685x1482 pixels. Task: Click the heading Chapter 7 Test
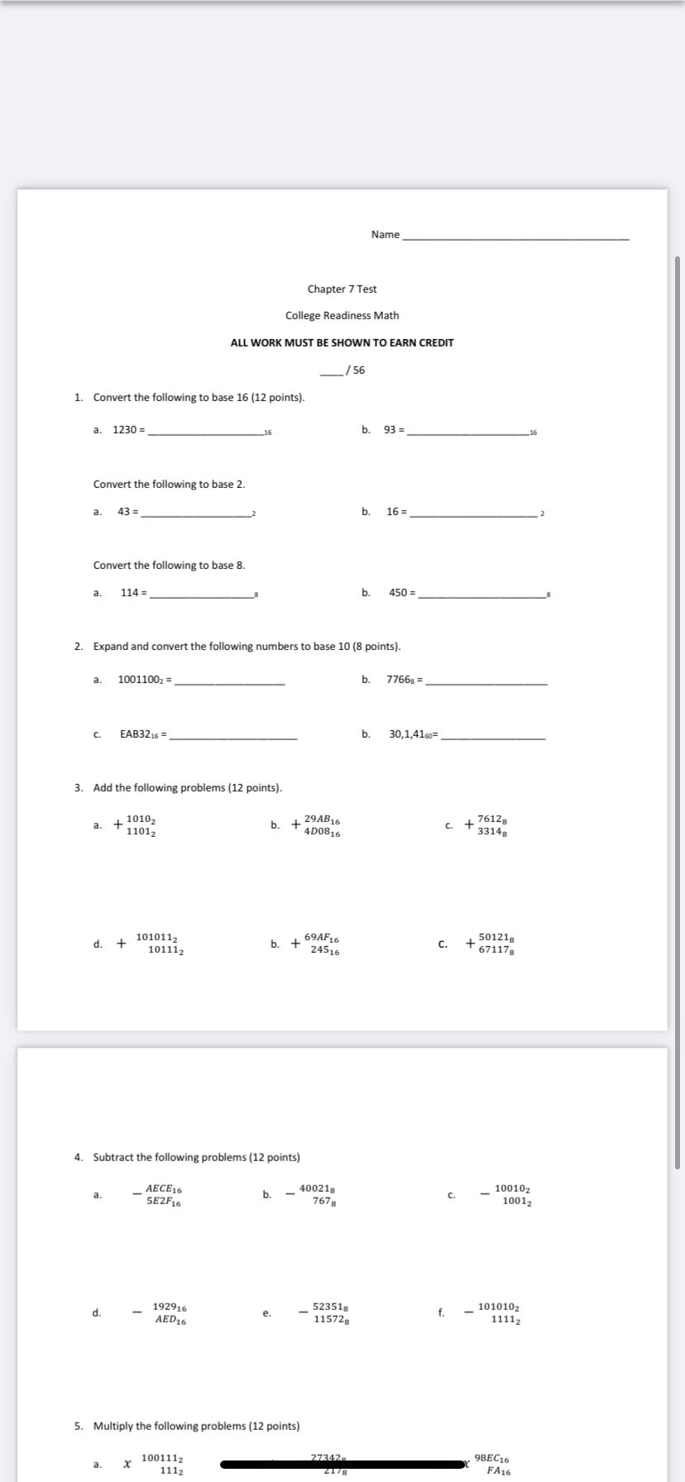(342, 289)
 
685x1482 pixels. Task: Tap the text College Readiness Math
(342, 315)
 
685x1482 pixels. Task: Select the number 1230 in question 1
(125, 430)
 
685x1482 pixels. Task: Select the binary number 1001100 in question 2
(141, 681)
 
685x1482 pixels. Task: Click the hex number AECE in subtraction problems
(160, 1188)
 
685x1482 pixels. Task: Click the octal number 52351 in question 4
(328, 1307)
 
